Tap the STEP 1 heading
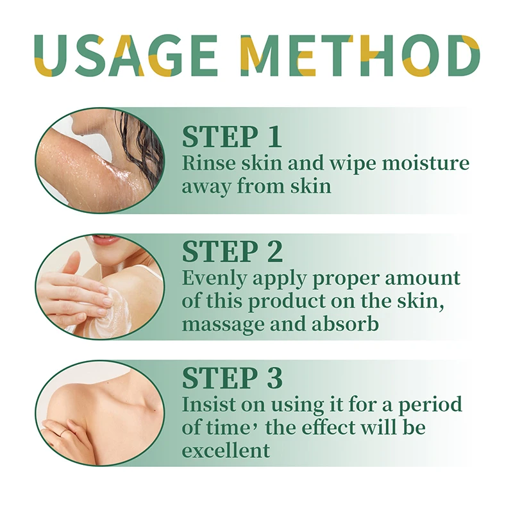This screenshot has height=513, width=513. [x=231, y=137]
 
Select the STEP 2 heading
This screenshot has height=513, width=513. [x=232, y=252]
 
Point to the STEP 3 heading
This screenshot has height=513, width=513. [x=232, y=378]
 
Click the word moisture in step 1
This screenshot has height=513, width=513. [x=426, y=163]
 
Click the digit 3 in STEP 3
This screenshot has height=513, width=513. [x=274, y=378]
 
